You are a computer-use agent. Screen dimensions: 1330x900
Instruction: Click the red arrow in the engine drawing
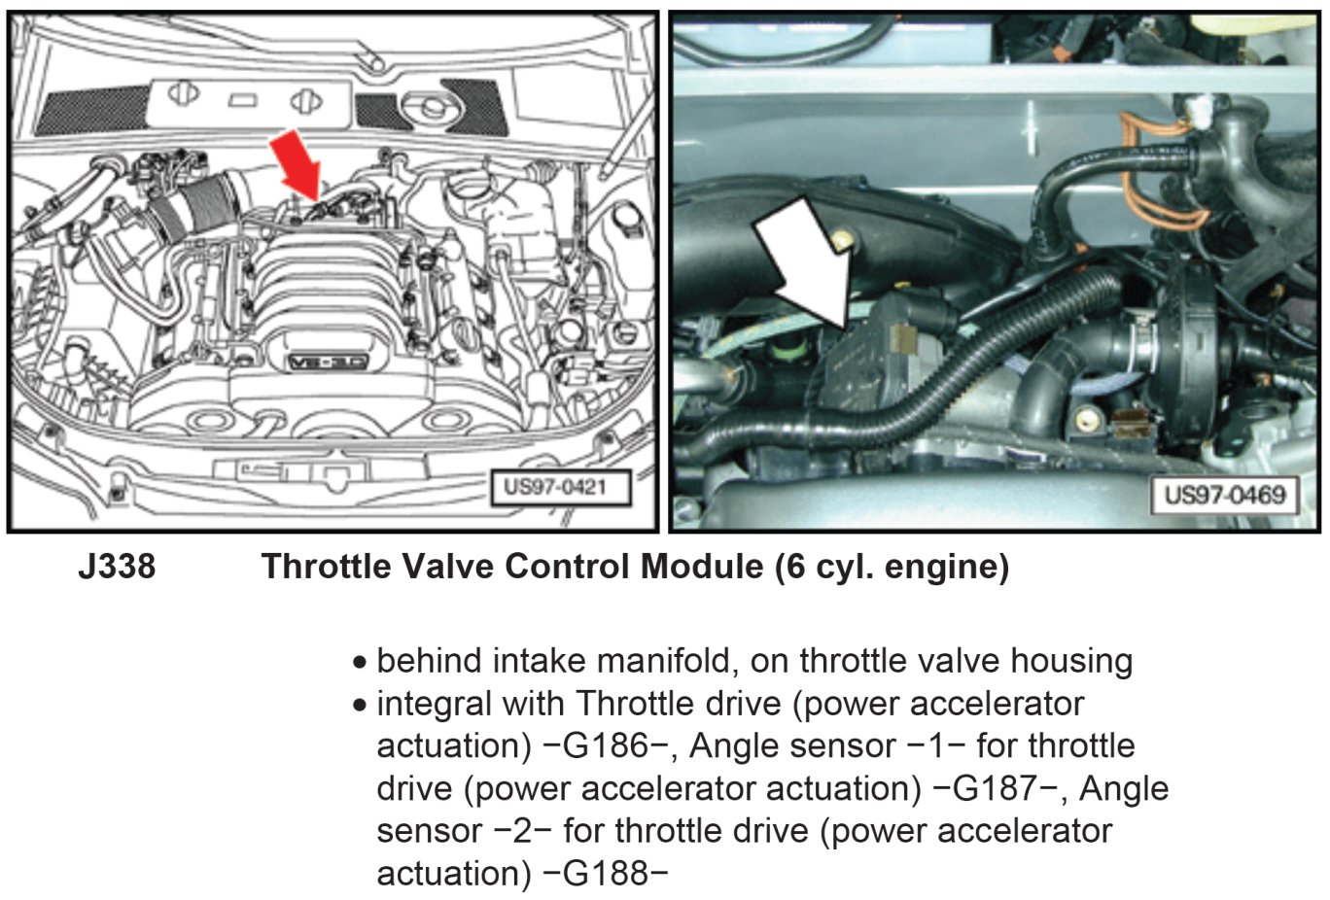pyautogui.click(x=297, y=168)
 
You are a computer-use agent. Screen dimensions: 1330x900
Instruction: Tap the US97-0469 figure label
pyautogui.click(x=1225, y=494)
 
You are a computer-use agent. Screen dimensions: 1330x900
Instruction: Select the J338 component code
pyautogui.click(x=117, y=566)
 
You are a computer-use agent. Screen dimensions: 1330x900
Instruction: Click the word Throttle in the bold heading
pyautogui.click(x=326, y=566)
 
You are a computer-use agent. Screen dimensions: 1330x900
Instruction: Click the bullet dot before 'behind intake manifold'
pyautogui.click(x=359, y=663)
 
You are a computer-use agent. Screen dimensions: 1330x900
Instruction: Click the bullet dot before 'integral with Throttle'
pyautogui.click(x=359, y=706)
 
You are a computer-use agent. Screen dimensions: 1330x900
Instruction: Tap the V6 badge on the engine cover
pyautogui.click(x=329, y=363)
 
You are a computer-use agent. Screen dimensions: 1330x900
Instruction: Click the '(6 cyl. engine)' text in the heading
pyautogui.click(x=892, y=567)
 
